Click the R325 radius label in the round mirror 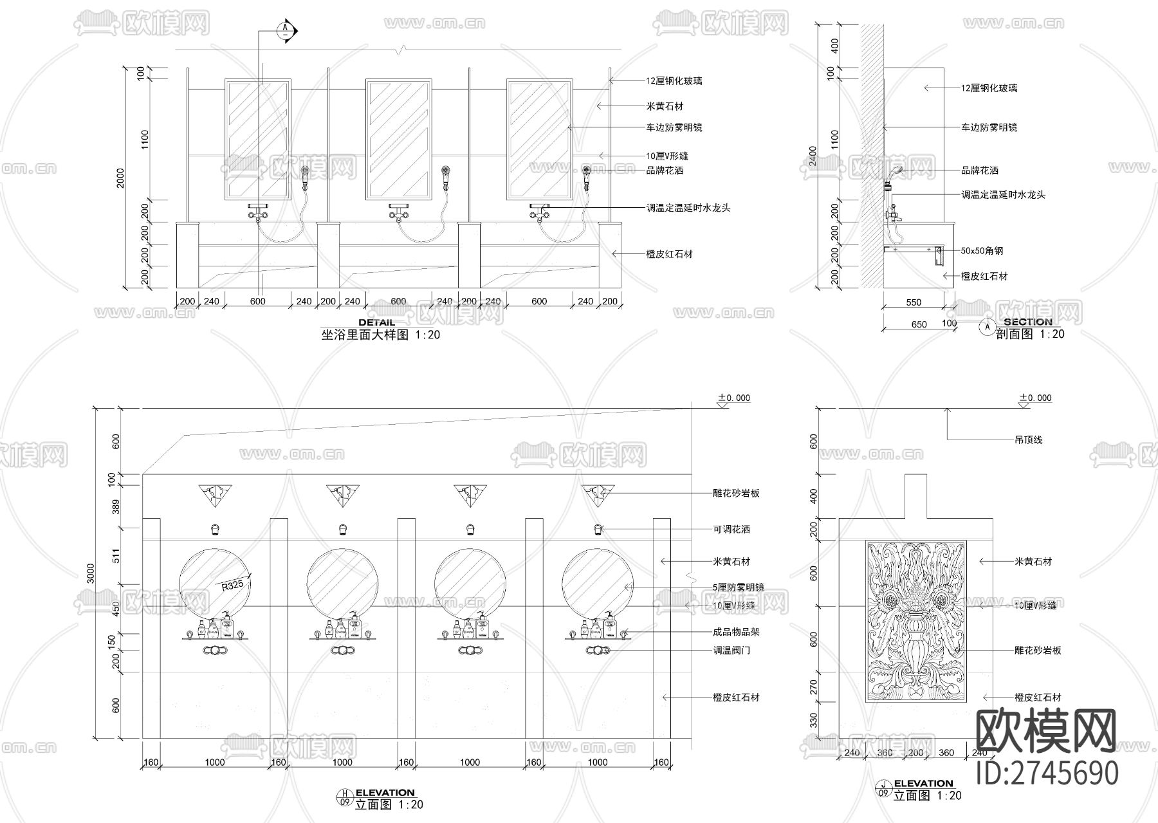(232, 586)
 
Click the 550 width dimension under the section (914, 302)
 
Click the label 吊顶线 (1028, 440)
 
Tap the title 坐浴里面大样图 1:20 (380, 335)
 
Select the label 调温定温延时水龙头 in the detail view (688, 208)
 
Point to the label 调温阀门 (731, 651)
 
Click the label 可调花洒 (731, 530)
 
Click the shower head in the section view (896, 171)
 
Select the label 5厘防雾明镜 (738, 587)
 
